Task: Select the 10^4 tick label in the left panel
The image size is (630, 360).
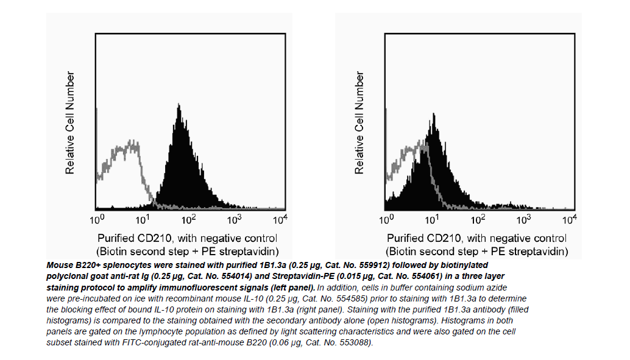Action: (280, 218)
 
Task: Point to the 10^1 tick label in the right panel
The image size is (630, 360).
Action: (433, 218)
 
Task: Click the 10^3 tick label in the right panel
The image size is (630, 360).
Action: (523, 218)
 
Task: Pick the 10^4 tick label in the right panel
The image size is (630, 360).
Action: (569, 218)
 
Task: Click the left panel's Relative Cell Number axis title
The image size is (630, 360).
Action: (71, 122)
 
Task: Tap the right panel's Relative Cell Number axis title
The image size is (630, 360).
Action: (360, 122)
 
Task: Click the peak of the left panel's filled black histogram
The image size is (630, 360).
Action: (179, 107)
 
